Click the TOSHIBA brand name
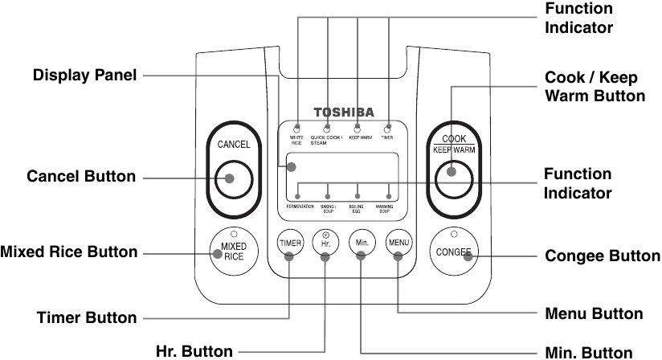pos(342,112)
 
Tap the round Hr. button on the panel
pos(325,243)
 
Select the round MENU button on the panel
pos(398,243)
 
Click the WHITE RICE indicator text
pos(297,141)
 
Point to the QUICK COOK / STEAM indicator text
pos(328,141)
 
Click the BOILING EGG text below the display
pos(357,209)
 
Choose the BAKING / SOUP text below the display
pos(328,209)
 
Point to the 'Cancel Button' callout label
pos(81,177)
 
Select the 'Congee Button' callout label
pos(603,256)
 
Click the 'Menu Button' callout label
pos(594,313)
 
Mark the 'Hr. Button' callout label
pos(194,351)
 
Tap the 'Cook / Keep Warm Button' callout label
pos(595,87)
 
